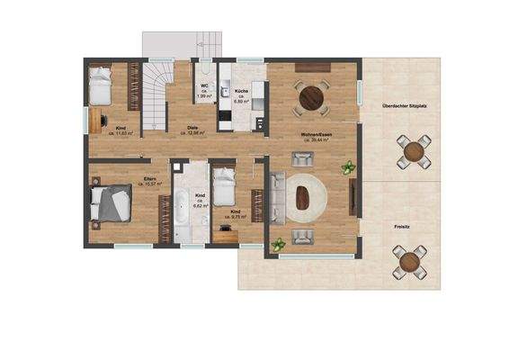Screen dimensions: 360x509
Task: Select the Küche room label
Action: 241,92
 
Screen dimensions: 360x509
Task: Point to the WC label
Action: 205,85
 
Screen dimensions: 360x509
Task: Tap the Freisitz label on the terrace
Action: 403,226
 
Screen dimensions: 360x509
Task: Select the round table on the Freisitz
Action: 409,262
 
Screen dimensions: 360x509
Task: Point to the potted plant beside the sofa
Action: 348,166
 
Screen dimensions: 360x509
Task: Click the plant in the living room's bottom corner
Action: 279,243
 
